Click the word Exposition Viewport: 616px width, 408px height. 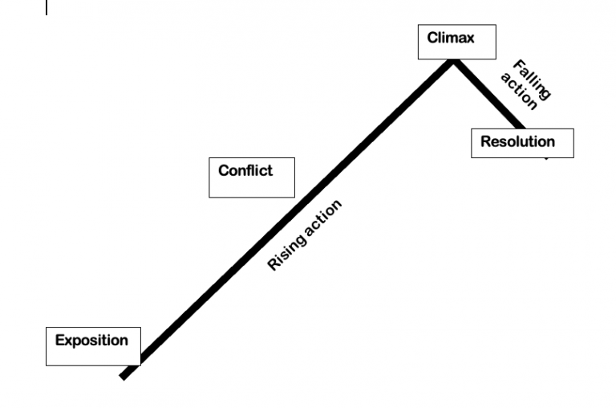point(91,340)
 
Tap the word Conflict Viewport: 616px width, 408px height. point(245,170)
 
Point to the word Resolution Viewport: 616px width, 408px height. point(517,142)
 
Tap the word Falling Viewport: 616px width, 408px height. point(531,79)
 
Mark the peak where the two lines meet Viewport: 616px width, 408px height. point(454,61)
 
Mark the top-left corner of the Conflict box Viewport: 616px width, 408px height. point(209,157)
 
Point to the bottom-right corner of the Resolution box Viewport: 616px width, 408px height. point(573,157)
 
